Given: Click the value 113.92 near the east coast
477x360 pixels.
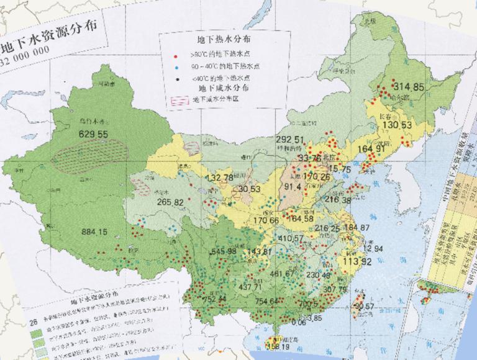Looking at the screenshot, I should pos(361,261).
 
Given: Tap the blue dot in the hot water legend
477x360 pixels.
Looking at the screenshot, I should pos(176,66).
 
